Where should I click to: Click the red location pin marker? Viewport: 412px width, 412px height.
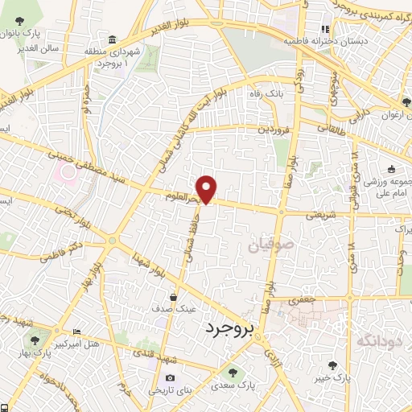point(208,188)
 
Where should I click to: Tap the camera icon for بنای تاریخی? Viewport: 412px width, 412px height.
point(169,378)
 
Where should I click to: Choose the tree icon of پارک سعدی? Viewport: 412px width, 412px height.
point(233,373)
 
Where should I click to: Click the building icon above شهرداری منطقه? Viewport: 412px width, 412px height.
point(111,40)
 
